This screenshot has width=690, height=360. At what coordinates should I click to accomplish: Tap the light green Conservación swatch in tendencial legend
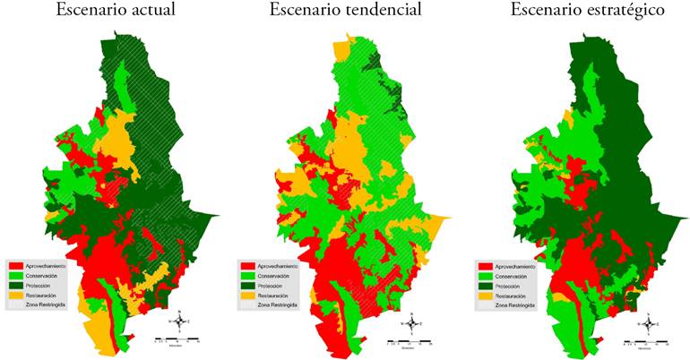[248, 277]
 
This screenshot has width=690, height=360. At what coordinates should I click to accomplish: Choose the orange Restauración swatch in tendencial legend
[248, 296]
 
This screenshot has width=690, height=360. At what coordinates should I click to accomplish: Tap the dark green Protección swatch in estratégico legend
[484, 286]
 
